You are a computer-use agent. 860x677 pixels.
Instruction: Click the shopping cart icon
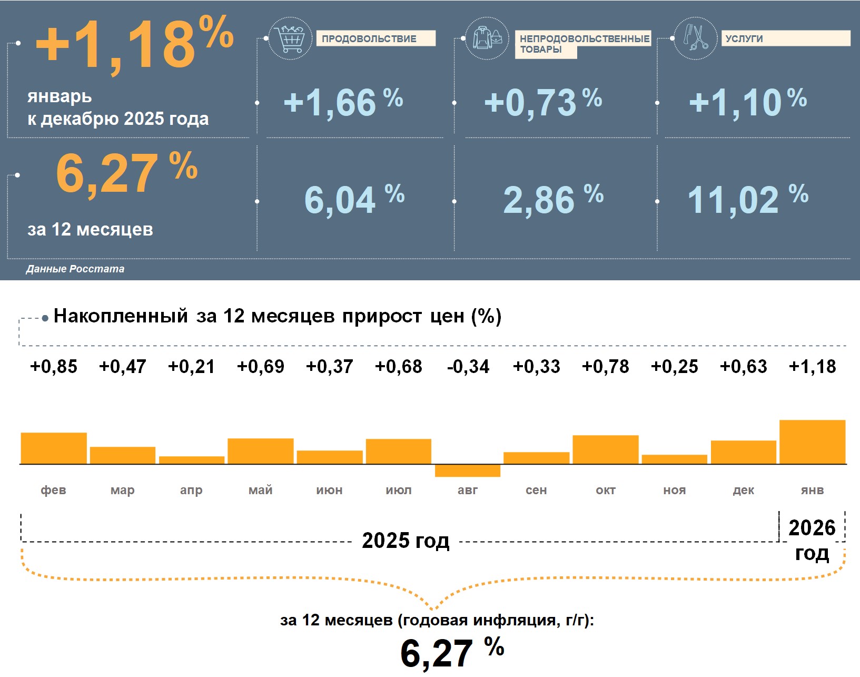pyautogui.click(x=290, y=38)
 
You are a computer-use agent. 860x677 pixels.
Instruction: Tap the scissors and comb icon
pyautogui.click(x=695, y=38)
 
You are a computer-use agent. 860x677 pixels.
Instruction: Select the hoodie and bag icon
pyautogui.click(x=487, y=38)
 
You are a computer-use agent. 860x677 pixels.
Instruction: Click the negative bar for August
pyautogui.click(x=468, y=470)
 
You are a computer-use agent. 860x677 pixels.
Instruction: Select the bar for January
pyautogui.click(x=812, y=442)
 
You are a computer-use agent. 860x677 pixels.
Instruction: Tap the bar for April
pyautogui.click(x=192, y=460)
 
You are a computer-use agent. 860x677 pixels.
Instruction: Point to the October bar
pyautogui.click(x=606, y=449)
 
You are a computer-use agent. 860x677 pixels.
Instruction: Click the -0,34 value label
pyautogui.click(x=468, y=367)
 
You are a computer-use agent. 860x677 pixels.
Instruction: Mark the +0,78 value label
pyautogui.click(x=606, y=367)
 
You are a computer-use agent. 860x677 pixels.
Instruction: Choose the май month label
pyautogui.click(x=261, y=490)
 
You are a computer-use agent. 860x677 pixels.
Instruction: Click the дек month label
pyautogui.click(x=744, y=490)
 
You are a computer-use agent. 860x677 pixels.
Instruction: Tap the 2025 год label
pyautogui.click(x=406, y=541)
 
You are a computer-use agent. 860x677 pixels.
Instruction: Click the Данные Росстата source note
pyautogui.click(x=75, y=269)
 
